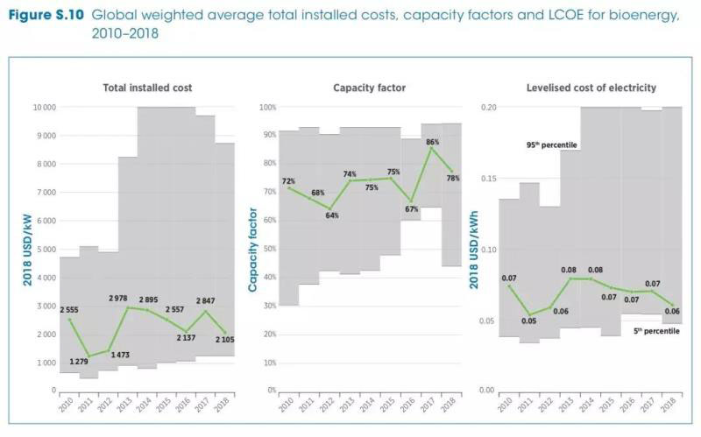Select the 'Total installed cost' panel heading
(148, 88)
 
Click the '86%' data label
(432, 142)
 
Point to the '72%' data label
(288, 182)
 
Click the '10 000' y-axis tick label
(44, 107)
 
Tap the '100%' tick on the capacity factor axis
(266, 107)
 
